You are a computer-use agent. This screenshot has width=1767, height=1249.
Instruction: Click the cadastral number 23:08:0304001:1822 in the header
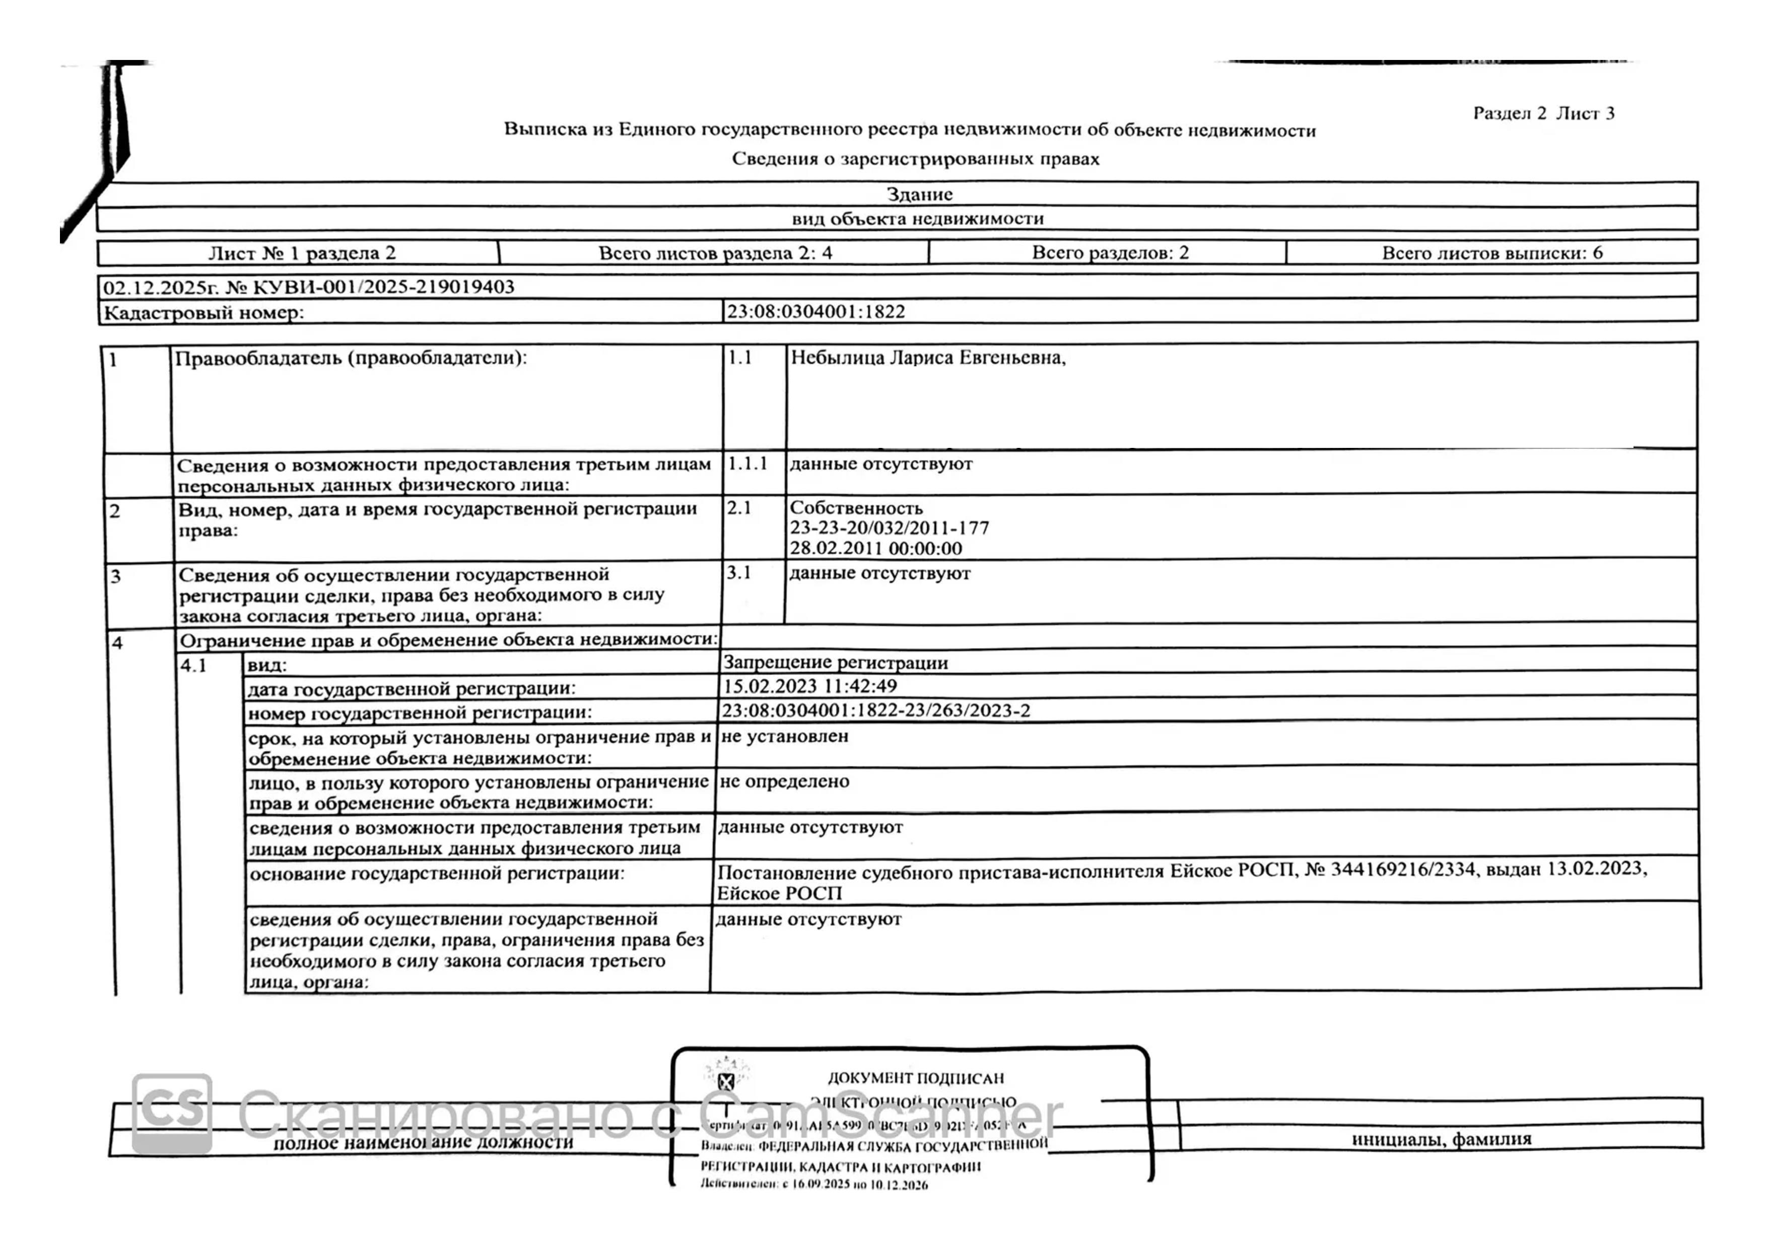point(816,312)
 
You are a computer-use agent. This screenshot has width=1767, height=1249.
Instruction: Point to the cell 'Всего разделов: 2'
point(1110,252)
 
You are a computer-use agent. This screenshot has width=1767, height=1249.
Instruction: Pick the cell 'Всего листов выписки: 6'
point(1491,252)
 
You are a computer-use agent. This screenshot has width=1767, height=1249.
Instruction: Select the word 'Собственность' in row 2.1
point(856,508)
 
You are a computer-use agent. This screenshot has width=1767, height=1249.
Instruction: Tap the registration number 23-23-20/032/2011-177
point(889,528)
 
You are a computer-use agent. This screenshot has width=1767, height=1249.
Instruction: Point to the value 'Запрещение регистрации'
point(835,663)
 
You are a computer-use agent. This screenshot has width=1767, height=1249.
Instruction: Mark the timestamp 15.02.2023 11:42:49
point(809,686)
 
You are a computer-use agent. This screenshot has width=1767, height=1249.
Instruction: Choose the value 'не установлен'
point(784,736)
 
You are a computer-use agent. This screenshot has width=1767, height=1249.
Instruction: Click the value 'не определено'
point(784,781)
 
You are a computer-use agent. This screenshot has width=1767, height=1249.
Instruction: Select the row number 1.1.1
point(747,464)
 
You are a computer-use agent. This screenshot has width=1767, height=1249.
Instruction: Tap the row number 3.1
point(738,572)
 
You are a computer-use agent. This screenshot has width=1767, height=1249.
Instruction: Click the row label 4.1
point(194,666)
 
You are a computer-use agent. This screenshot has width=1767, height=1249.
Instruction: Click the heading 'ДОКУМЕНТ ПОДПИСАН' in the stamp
point(915,1078)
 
